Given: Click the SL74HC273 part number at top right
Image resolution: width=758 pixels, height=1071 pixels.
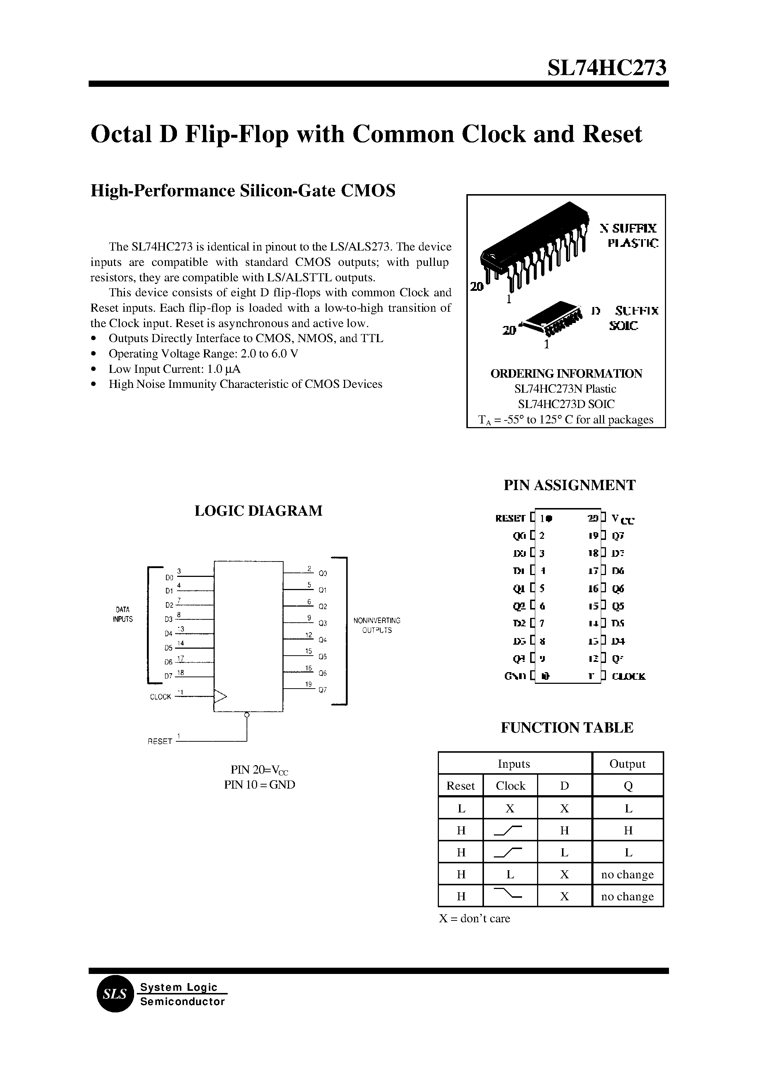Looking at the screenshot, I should tap(607, 68).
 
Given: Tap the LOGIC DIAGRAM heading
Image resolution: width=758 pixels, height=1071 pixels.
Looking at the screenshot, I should tap(258, 511).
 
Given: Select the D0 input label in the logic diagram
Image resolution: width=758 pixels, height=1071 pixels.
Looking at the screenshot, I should tap(169, 577).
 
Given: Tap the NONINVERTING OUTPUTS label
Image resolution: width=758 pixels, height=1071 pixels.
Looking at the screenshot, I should tap(377, 625).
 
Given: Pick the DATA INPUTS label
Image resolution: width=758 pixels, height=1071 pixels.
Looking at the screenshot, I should tap(123, 614).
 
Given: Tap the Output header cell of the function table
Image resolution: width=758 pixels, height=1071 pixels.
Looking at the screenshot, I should tap(627, 763).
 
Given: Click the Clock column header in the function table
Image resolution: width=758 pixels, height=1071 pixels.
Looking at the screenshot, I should tap(510, 785).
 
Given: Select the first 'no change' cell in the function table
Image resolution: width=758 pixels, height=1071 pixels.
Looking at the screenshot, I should tap(627, 874).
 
